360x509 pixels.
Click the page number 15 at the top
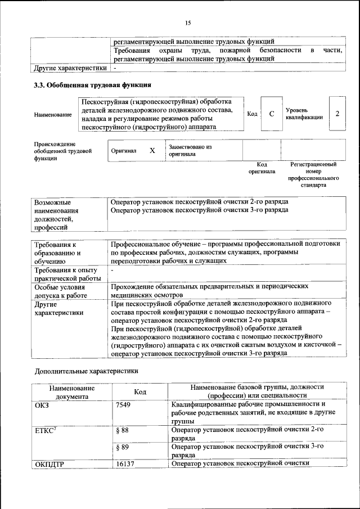pyautogui.click(x=188, y=23)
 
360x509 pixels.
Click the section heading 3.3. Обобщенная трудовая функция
pyautogui.click(x=93, y=86)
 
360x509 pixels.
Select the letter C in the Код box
pyautogui.click(x=272, y=114)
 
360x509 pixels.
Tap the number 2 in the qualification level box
pyautogui.click(x=337, y=114)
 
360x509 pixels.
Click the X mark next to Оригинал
pyautogui.click(x=152, y=151)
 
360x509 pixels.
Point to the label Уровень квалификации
pyautogui.click(x=304, y=114)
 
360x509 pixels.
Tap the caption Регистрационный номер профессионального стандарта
pyautogui.click(x=313, y=175)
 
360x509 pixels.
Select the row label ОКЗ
pyautogui.click(x=42, y=404)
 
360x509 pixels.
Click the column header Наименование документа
pyautogui.click(x=71, y=391)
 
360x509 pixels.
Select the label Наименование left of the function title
pyautogui.click(x=53, y=115)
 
